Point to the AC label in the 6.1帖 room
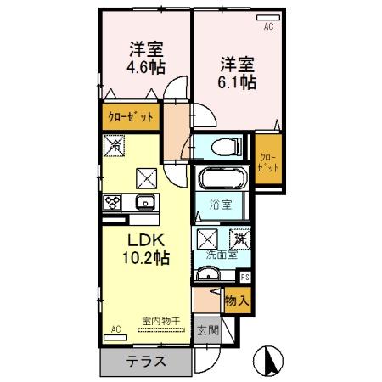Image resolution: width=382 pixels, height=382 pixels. pyautogui.click(x=269, y=27)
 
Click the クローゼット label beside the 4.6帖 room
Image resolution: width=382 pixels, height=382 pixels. pyautogui.click(x=130, y=117)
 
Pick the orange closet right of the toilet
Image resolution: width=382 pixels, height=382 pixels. pyautogui.click(x=267, y=161)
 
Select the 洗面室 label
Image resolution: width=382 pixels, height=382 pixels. pyautogui.click(x=220, y=254)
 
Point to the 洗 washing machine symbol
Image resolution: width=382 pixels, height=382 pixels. pyautogui.click(x=241, y=239)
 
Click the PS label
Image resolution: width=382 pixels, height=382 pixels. pyautogui.click(x=245, y=276)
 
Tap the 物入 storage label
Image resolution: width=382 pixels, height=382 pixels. pyautogui.click(x=237, y=299)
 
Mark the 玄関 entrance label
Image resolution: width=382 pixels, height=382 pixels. pyautogui.click(x=207, y=329)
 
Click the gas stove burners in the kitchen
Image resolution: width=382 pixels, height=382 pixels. pyautogui.click(x=113, y=202)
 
